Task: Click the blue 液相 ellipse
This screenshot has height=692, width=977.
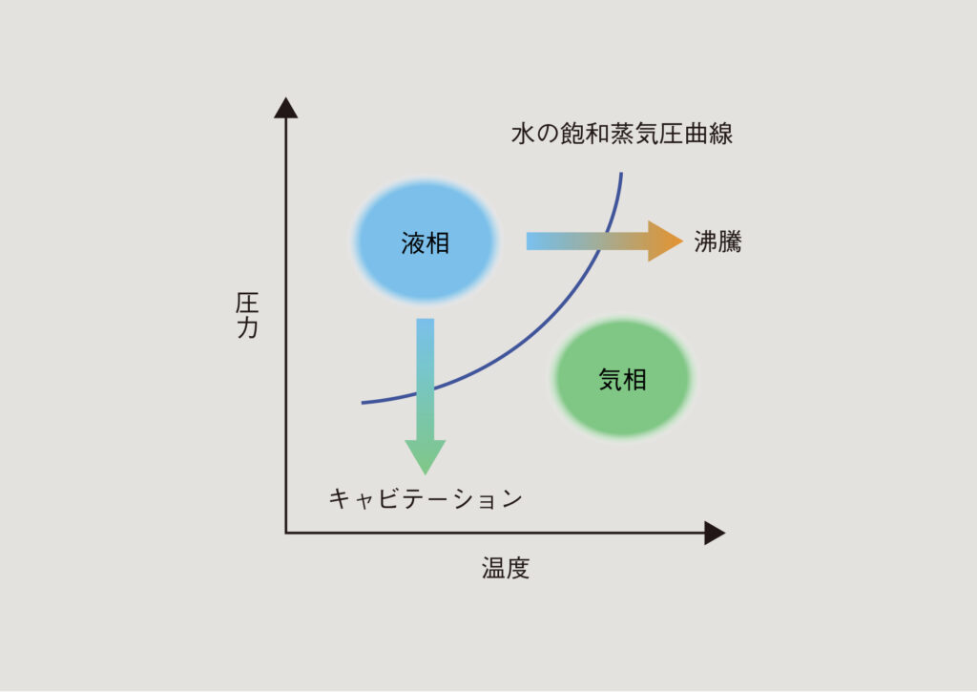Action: click(x=426, y=241)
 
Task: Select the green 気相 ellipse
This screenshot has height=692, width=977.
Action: click(x=622, y=378)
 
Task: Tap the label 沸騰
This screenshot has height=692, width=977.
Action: click(x=717, y=241)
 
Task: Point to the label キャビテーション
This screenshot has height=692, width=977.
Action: click(x=426, y=499)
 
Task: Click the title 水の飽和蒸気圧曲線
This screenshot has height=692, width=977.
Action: click(x=622, y=134)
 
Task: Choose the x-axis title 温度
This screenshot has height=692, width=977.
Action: click(x=506, y=568)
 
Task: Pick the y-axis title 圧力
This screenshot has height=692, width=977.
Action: click(x=247, y=315)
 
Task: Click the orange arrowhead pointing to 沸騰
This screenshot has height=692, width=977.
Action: click(x=665, y=241)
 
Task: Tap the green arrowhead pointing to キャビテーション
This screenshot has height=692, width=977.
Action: click(x=426, y=457)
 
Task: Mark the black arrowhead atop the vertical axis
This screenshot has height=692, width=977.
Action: click(x=286, y=107)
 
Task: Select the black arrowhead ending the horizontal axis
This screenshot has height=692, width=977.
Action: click(x=715, y=533)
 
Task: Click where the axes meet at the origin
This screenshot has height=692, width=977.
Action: click(x=286, y=533)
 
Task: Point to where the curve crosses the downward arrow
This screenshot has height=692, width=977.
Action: click(x=426, y=392)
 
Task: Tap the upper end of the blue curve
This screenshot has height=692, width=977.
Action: click(x=621, y=173)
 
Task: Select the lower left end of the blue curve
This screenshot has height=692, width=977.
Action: click(x=362, y=403)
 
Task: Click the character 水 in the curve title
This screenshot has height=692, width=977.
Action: click(x=523, y=134)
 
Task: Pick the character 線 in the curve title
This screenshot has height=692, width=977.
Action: click(x=721, y=134)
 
